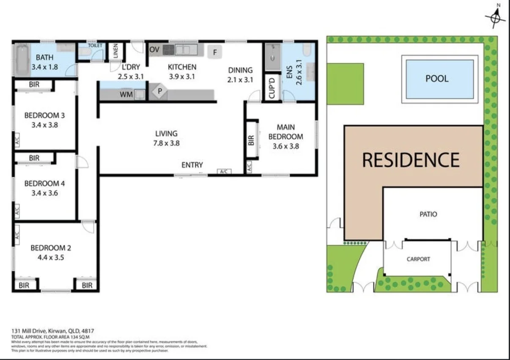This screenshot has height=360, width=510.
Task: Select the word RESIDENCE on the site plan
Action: coord(411,159)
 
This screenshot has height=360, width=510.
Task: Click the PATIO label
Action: coord(428,214)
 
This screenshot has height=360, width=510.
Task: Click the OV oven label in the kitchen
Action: coord(154,50)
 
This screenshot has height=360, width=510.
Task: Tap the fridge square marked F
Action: coord(215,52)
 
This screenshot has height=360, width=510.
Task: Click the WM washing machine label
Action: coord(126,95)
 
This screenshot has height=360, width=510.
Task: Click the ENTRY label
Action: coord(192,165)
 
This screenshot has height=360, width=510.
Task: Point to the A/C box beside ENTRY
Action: coord(224,171)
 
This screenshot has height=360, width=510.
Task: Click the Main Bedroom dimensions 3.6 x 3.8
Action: coord(285,146)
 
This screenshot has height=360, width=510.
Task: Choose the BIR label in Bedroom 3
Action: coord(34,85)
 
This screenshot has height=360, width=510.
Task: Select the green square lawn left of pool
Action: coord(345,83)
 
